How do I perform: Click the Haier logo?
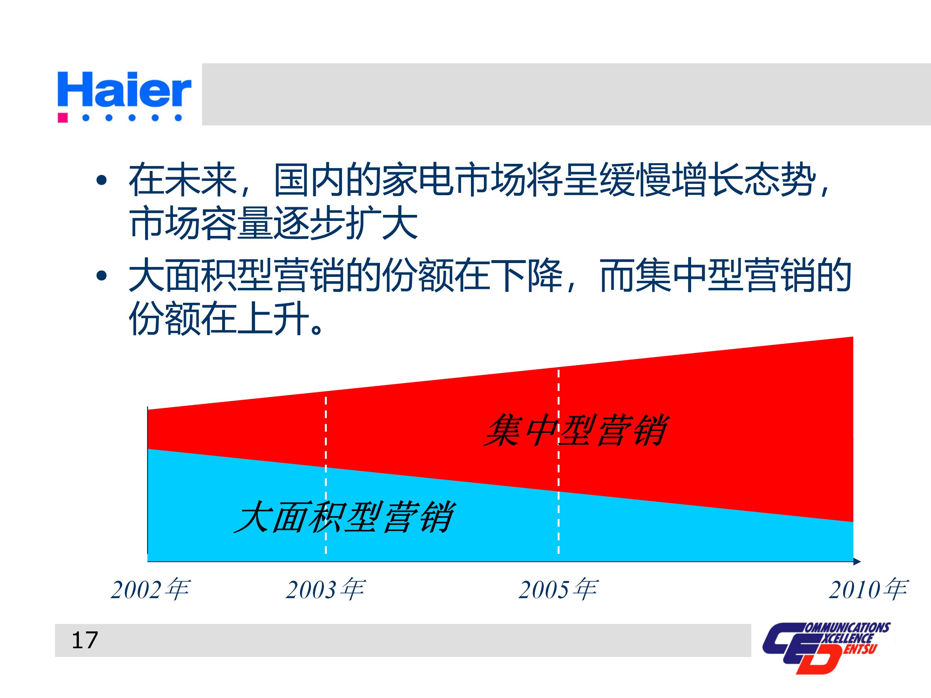(x=124, y=90)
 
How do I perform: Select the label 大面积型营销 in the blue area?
(x=343, y=517)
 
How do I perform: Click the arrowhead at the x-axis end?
(x=857, y=561)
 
